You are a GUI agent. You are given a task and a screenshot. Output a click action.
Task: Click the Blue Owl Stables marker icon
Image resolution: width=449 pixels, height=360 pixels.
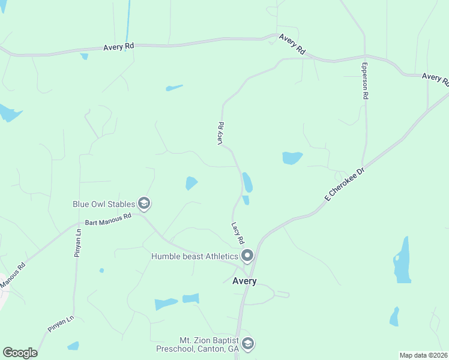click(x=144, y=204)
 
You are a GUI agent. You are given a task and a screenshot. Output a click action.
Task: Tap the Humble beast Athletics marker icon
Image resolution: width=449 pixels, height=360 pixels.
click(x=247, y=257)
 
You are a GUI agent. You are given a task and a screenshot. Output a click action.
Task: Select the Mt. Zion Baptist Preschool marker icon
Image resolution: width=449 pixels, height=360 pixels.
click(x=249, y=344)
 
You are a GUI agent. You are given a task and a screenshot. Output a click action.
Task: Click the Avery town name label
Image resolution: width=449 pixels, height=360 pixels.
click(x=244, y=281)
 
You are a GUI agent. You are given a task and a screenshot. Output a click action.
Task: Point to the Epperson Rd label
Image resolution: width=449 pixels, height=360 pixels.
click(x=364, y=80)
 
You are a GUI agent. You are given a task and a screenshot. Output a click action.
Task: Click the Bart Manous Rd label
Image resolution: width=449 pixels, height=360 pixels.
click(x=108, y=220)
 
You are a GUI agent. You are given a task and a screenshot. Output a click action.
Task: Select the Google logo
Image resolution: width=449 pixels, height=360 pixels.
click(x=20, y=353)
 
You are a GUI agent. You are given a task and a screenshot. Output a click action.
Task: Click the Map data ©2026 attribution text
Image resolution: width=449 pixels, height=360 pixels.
click(x=424, y=355)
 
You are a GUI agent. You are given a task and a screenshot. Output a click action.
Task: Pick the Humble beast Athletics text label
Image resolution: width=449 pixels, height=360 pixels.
click(x=194, y=257)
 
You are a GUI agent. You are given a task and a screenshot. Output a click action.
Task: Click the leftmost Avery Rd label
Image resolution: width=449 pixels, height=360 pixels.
click(x=118, y=46)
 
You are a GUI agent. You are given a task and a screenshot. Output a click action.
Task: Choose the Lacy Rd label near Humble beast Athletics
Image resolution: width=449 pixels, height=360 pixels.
click(x=238, y=233)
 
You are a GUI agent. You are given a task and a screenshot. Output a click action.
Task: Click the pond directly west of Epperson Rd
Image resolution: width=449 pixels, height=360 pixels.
click(x=292, y=158)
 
